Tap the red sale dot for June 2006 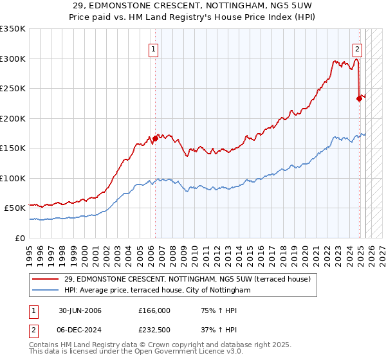(155, 138)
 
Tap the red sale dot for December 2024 (359, 98)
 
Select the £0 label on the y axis (20, 238)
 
